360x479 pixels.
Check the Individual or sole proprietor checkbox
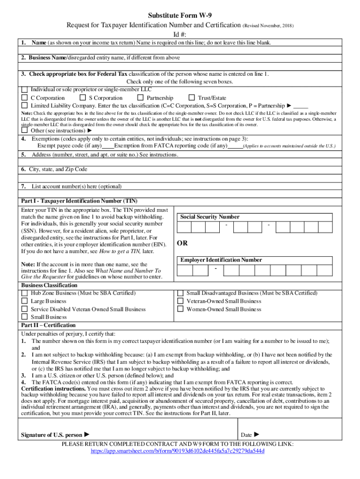coord(25,90)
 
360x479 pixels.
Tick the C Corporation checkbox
coord(25,98)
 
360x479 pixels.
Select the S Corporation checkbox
coord(83,98)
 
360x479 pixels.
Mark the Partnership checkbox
coord(140,98)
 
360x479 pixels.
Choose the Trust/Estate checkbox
coord(191,98)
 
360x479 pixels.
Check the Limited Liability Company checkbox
coord(25,106)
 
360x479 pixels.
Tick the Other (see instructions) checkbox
coord(25,131)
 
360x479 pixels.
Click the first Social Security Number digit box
coord(184,227)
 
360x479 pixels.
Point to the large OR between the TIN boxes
coord(182,244)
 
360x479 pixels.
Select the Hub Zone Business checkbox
coord(25,293)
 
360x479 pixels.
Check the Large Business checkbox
coord(25,301)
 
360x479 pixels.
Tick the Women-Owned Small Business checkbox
coord(180,309)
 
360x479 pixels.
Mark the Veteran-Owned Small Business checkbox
coord(180,301)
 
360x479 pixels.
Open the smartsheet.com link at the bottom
coord(177,451)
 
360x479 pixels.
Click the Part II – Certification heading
coord(48,325)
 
